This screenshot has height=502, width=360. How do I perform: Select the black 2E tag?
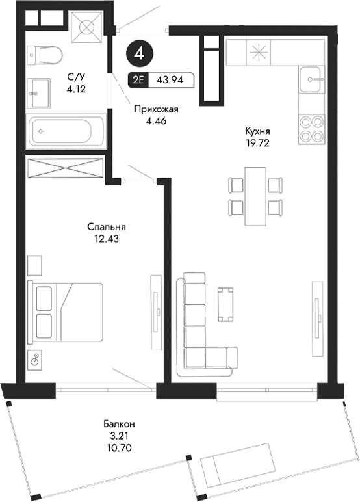(x=138, y=81)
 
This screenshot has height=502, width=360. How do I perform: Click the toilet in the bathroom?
(x=44, y=56)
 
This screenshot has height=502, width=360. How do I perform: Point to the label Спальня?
(x=106, y=227)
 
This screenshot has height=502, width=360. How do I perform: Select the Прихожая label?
(x=155, y=110)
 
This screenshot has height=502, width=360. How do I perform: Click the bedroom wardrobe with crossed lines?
(x=67, y=167)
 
